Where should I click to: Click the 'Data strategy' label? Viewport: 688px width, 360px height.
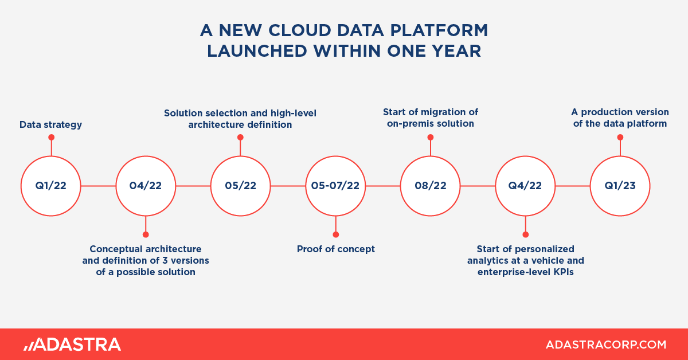point(50,125)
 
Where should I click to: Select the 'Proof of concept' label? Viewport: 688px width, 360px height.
point(336,249)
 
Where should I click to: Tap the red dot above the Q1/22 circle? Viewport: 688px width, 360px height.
point(51,138)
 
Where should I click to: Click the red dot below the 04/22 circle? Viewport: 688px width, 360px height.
point(146,234)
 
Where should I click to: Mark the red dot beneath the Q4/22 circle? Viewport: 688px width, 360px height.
point(526,234)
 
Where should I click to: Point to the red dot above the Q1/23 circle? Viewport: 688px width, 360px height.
point(620,138)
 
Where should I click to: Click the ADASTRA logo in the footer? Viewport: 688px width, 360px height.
point(72,345)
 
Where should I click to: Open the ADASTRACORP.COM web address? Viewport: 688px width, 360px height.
point(606,345)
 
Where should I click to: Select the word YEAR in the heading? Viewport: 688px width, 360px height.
point(456,51)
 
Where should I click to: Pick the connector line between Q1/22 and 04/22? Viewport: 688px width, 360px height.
point(98,186)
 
